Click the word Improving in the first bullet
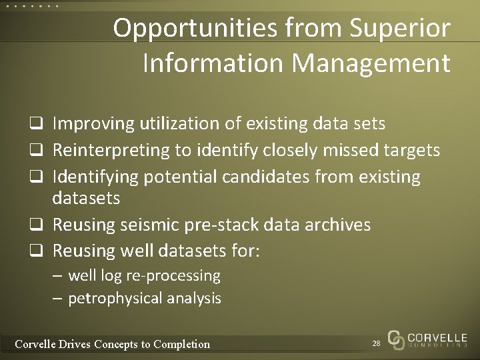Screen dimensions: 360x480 93,124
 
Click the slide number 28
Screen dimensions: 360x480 376,343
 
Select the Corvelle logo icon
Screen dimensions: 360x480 395,339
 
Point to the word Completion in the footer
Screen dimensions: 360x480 181,344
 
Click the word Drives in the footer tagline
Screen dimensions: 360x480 73,344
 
